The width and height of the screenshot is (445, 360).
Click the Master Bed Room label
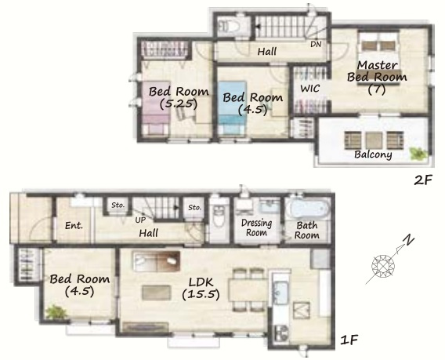[x=377, y=77]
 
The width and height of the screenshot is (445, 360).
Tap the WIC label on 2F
[x=310, y=89]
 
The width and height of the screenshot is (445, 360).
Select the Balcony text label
[x=373, y=155]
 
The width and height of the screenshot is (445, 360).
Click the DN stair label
[x=316, y=44]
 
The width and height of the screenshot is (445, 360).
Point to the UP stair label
[x=140, y=220]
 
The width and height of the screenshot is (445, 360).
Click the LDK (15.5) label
[x=201, y=289]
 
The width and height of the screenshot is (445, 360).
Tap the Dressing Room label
[x=256, y=227]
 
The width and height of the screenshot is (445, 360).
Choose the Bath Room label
[x=307, y=230]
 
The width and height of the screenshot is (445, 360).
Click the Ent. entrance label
[x=74, y=226]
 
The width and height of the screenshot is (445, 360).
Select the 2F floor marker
[x=423, y=180]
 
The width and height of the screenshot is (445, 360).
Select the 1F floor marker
[x=349, y=340]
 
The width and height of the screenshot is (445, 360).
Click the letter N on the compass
[x=408, y=241]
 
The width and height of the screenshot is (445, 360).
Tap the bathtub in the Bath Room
[x=307, y=209]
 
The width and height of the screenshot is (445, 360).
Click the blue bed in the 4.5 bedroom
[x=233, y=107]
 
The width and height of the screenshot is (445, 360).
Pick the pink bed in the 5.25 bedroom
[x=155, y=108]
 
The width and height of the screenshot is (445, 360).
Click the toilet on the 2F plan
[x=230, y=27]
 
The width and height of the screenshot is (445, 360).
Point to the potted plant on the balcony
[x=418, y=154]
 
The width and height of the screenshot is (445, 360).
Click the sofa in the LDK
[x=157, y=261]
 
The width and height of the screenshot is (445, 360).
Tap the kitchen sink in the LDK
[x=280, y=293]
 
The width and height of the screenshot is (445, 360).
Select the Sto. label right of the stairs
[x=194, y=207]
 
